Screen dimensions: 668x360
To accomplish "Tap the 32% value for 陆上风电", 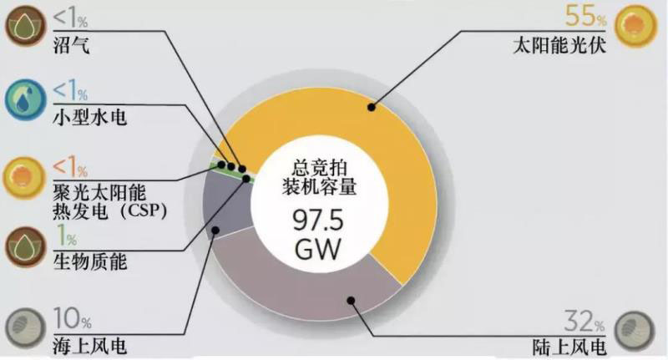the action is point(584,322).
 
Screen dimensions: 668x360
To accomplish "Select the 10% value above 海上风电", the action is point(72,318).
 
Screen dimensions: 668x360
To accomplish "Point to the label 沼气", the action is point(72,45).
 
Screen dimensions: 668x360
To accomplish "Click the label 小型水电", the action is point(90,117).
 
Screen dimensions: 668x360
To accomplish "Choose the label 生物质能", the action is point(90,261).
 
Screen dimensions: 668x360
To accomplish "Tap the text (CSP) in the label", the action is point(144,210).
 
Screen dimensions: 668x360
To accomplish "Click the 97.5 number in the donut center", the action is point(318,221).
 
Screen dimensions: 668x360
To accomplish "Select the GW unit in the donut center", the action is point(318,249).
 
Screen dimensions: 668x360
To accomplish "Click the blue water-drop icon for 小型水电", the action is point(25,99).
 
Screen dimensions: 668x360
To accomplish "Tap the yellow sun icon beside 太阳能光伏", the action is point(635,26).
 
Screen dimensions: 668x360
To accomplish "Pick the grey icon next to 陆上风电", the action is point(635,331).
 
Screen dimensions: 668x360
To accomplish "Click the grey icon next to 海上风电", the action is point(25,328).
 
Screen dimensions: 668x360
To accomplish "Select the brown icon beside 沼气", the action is point(25,25).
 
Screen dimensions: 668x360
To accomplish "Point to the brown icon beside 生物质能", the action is point(25,246).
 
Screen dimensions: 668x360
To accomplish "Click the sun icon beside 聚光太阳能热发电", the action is point(24,178).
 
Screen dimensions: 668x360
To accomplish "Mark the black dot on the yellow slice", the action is point(372,107).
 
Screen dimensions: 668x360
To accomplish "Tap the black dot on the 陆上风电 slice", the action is point(351,301).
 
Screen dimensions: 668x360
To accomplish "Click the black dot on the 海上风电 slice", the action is point(215,231).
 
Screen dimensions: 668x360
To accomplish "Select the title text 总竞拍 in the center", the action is point(320,167).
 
